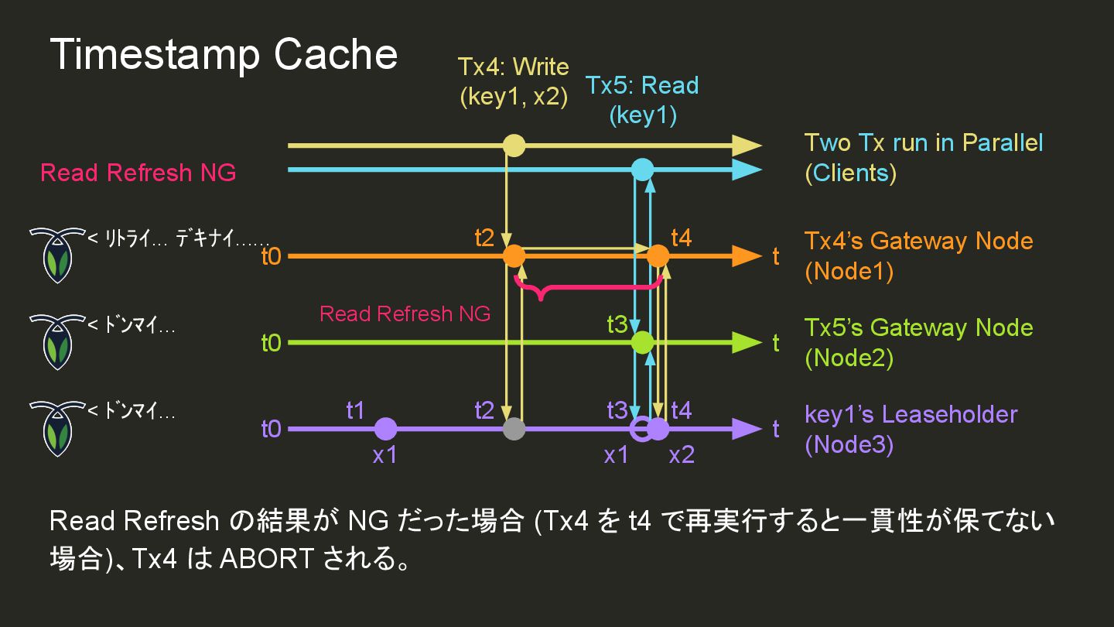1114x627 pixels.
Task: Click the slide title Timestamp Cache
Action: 224,55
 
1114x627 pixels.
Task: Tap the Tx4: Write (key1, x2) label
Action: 514,81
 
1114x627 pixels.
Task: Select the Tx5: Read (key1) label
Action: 642,100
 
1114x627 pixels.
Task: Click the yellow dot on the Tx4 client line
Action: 514,146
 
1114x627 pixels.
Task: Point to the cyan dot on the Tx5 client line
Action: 642,170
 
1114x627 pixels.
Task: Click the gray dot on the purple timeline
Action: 514,429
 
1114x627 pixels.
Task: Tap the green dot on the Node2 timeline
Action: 642,342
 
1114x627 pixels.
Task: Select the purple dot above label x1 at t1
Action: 385,429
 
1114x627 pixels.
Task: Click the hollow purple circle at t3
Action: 641,429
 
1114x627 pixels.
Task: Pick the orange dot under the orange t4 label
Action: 658,255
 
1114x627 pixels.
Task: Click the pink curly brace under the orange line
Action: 588,290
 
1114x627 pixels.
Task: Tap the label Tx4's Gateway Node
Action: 918,241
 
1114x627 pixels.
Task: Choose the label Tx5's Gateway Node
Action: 918,327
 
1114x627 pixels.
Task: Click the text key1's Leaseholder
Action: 911,414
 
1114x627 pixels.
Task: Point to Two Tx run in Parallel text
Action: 924,143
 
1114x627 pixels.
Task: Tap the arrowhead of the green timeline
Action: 746,342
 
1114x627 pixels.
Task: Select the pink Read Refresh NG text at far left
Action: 138,173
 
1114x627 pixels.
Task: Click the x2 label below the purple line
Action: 681,455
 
